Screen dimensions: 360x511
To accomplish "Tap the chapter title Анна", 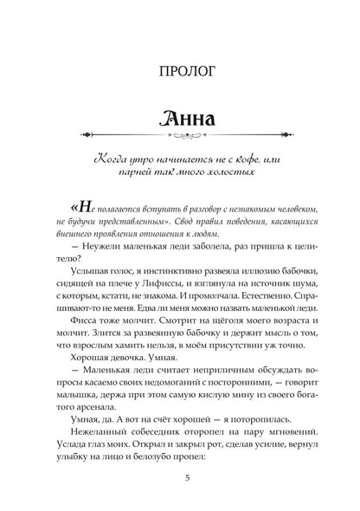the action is (x=180, y=118).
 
